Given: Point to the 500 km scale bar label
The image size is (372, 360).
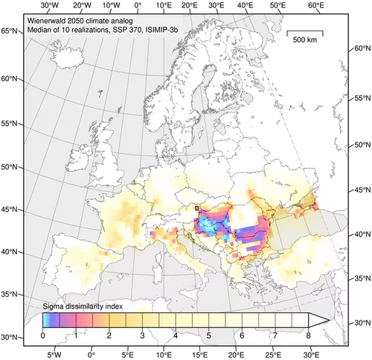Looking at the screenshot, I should point(306,39).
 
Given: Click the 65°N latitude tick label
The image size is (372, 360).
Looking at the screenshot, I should point(10,30).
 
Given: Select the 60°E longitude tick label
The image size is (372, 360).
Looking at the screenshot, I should point(315,5).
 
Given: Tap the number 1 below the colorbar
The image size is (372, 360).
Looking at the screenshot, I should point(76,336).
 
